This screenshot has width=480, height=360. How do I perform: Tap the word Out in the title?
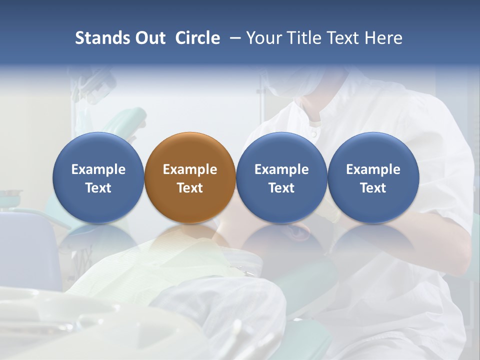(150, 38)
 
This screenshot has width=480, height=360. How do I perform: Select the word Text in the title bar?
(341, 38)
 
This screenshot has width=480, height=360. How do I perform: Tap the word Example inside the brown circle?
(190, 169)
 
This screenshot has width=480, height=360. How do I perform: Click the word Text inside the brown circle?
(190, 188)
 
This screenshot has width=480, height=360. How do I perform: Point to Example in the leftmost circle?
(98, 169)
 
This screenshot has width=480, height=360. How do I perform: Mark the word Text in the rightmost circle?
(373, 188)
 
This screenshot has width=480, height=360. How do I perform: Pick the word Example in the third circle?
(281, 169)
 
